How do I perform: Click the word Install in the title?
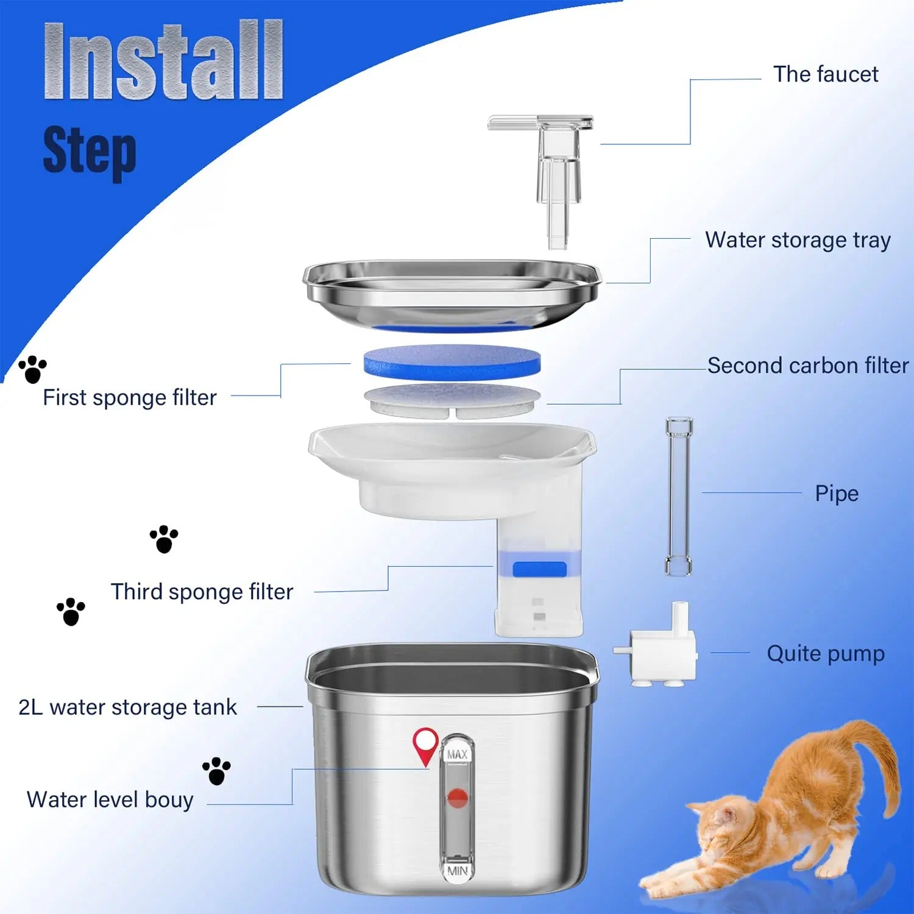163,61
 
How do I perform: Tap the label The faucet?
825,74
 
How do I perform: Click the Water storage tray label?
797,240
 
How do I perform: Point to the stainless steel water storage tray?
452,292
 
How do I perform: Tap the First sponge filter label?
129,398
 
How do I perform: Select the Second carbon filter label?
807,366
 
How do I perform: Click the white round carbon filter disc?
452,400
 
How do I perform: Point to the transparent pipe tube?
678,497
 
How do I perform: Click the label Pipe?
836,494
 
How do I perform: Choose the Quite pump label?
825,653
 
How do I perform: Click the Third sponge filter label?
202,592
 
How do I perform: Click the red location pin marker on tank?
425,743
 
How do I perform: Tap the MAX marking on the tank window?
457,754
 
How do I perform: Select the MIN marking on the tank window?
457,871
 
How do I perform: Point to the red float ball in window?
457,797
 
